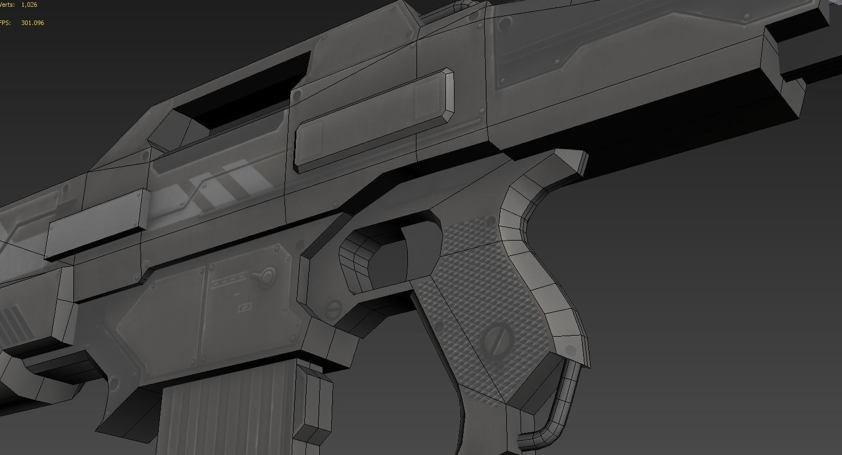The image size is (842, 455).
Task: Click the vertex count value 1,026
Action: (x=29, y=5)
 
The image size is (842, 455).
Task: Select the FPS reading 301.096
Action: (x=32, y=23)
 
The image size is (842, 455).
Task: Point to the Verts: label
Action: (x=7, y=5)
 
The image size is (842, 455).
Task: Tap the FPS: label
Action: (x=6, y=23)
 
